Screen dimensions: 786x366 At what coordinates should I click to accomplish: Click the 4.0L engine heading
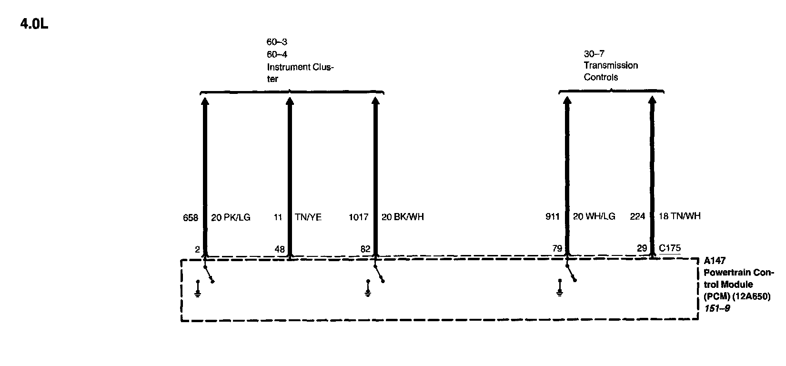pyautogui.click(x=34, y=24)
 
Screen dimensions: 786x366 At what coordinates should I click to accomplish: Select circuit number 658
pyautogui.click(x=191, y=217)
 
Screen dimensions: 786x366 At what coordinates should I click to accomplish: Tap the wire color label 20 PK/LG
pyautogui.click(x=231, y=217)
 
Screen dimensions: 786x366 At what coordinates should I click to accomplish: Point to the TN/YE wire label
pyautogui.click(x=308, y=217)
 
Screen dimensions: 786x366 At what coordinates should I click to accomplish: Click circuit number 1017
pyautogui.click(x=359, y=217)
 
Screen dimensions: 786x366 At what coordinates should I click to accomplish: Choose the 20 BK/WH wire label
pyautogui.click(x=403, y=217)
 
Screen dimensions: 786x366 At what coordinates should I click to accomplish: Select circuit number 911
pyautogui.click(x=553, y=217)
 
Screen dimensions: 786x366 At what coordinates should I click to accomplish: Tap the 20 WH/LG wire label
pyautogui.click(x=594, y=217)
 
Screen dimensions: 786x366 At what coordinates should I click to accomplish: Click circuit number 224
pyautogui.click(x=637, y=216)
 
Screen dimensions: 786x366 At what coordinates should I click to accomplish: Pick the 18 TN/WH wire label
pyautogui.click(x=679, y=216)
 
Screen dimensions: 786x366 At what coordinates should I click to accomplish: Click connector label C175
pyautogui.click(x=670, y=248)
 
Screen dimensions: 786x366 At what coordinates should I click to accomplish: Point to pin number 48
pyautogui.click(x=280, y=249)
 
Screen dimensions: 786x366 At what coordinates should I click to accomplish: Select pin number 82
pyautogui.click(x=365, y=249)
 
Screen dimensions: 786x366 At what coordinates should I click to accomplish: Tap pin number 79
pyautogui.click(x=557, y=248)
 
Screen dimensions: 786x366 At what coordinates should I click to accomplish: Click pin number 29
pyautogui.click(x=642, y=248)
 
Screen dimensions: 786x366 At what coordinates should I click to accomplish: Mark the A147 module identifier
pyautogui.click(x=715, y=261)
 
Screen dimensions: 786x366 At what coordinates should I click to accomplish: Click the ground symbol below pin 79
pyautogui.click(x=560, y=290)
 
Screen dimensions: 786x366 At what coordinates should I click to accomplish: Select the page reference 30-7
pyautogui.click(x=594, y=54)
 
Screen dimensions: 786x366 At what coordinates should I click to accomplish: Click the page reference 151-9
pyautogui.click(x=717, y=308)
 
